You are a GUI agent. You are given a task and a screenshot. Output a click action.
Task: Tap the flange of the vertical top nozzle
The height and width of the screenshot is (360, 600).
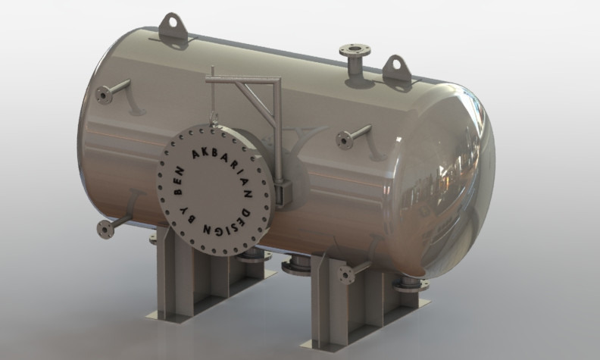(x=355, y=52)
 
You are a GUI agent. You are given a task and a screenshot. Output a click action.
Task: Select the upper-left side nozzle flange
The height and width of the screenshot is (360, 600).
(x=104, y=95)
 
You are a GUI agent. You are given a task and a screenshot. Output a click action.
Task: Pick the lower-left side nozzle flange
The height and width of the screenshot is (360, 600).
(x=105, y=229)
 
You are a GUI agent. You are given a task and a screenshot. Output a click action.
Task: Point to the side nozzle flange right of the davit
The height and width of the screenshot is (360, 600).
(x=345, y=139)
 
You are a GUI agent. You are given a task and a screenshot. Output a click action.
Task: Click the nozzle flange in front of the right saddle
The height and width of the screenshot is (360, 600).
(x=347, y=275)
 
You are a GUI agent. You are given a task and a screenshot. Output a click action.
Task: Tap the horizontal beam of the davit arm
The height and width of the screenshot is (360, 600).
(x=242, y=78)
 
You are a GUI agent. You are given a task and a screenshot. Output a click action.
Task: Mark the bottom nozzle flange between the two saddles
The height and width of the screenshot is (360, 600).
(x=296, y=267)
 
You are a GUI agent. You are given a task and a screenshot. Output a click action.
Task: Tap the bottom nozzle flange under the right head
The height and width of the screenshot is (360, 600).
(x=409, y=284)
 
